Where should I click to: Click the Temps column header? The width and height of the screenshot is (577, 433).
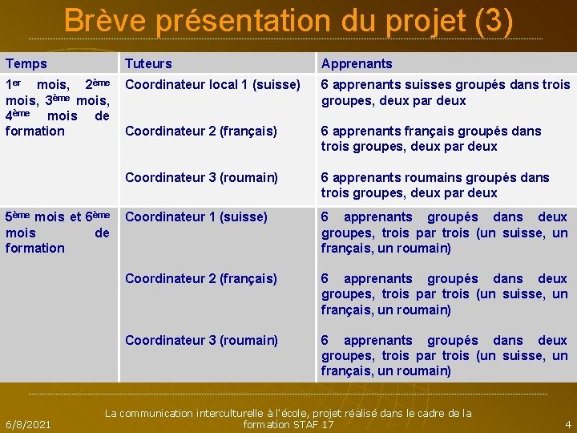(26, 63)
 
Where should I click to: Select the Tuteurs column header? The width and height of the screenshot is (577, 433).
(148, 63)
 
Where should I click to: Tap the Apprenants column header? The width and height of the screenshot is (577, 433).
(357, 63)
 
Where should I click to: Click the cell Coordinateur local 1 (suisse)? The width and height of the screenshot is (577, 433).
(212, 84)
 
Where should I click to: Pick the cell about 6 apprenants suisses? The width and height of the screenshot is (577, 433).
(445, 92)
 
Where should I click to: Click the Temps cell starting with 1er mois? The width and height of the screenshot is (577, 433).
(57, 107)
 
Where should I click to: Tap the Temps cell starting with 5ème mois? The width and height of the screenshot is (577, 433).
(57, 233)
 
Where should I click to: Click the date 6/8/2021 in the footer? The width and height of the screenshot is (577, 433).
(28, 424)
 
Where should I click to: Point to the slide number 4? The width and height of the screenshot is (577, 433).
(568, 424)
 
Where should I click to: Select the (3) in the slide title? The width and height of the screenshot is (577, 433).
(493, 21)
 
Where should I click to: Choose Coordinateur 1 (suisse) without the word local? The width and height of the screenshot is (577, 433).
(196, 216)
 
